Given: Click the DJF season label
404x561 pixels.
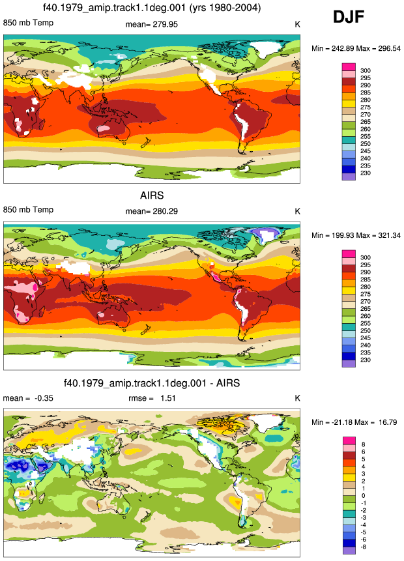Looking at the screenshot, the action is [x=349, y=17].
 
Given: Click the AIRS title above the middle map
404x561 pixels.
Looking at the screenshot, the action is [x=152, y=195].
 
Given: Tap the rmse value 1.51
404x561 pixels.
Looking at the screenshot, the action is [x=168, y=398].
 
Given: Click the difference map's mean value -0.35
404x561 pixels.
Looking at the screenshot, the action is [x=44, y=398].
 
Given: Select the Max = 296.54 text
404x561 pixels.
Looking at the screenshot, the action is [x=380, y=48].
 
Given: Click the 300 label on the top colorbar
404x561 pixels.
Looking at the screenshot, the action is [x=366, y=70].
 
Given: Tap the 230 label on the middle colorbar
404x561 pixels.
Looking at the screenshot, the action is [x=366, y=360].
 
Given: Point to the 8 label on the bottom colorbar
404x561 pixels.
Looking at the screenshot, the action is [x=363, y=444].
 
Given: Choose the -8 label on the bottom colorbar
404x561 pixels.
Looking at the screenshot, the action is [x=362, y=547].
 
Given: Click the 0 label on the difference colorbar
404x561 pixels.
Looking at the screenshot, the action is [x=363, y=496].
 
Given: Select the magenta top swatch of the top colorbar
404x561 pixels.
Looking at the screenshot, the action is [x=349, y=67].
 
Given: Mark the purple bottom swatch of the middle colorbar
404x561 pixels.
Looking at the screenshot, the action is [x=349, y=364].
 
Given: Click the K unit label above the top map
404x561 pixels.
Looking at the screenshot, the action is [x=297, y=24].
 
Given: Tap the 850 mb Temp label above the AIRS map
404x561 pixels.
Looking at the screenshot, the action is [x=28, y=210].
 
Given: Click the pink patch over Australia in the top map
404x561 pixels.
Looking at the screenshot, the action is [x=104, y=128].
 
